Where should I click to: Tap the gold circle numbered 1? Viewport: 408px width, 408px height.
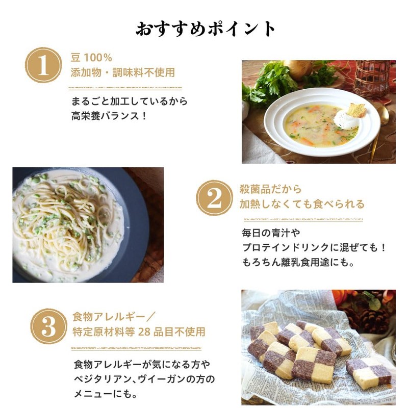(44, 65)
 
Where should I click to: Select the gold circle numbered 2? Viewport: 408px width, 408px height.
(214, 197)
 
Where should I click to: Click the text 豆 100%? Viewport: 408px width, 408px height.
(91, 57)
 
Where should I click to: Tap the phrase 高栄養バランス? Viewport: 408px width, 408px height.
(109, 116)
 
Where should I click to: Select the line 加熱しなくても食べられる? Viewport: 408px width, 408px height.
(302, 205)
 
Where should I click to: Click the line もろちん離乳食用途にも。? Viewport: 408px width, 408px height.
(305, 263)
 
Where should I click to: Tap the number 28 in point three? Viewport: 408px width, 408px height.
(143, 332)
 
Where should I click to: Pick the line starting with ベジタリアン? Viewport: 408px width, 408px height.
(144, 379)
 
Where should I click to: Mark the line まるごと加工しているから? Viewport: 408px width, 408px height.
(129, 101)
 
